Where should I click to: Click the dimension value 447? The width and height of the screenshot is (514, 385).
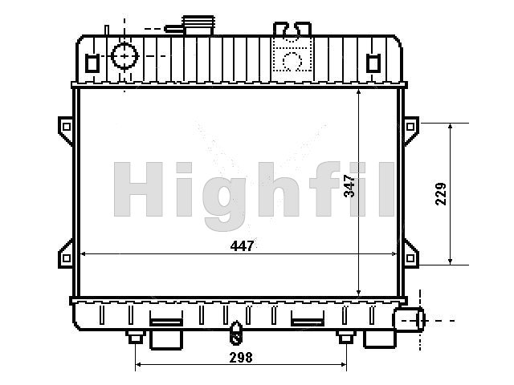tap(242, 245)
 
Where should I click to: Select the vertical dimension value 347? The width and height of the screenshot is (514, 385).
tap(349, 186)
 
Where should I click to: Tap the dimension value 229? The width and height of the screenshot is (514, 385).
tap(441, 194)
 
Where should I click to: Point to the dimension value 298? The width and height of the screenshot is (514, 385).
tap(241, 358)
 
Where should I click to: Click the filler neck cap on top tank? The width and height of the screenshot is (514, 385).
tap(198, 25)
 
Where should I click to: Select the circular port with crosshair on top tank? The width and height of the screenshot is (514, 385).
tap(124, 56)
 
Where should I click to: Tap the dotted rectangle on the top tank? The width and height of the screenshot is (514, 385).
tap(292, 55)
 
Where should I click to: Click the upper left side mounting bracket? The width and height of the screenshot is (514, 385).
tap(66, 130)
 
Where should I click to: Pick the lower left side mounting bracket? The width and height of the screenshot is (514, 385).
tap(66, 255)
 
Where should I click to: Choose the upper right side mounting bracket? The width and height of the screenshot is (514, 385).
tap(411, 130)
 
